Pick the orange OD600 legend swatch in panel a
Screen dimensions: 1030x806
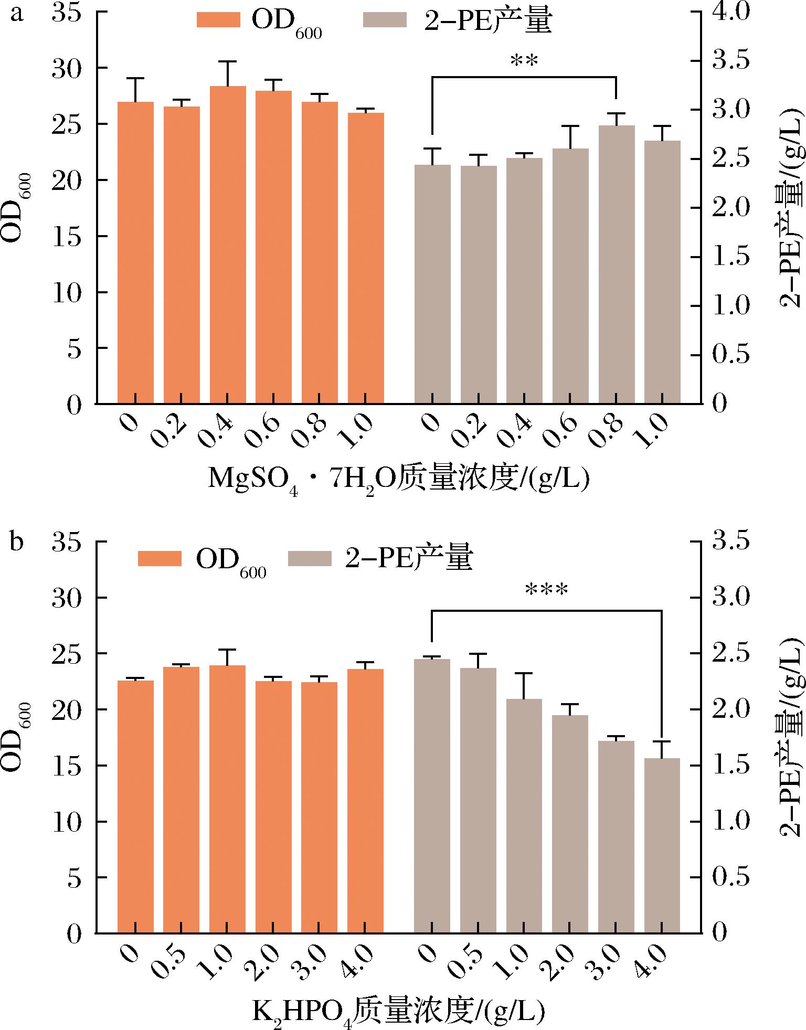coord(218,20)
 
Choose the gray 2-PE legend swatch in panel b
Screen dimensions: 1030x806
coord(310,558)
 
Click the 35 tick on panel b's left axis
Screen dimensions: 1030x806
coord(66,542)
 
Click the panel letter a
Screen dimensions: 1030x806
coord(17,14)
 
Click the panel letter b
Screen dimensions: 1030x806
coord(17,541)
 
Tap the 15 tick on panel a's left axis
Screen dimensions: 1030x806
coord(66,236)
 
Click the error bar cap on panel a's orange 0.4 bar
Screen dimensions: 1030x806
coord(228,61)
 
